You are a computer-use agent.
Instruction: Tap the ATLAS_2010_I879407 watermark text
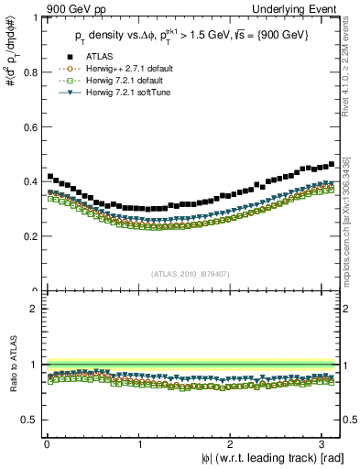[x=191, y=272]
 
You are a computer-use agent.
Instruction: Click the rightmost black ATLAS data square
[x=332, y=164]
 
